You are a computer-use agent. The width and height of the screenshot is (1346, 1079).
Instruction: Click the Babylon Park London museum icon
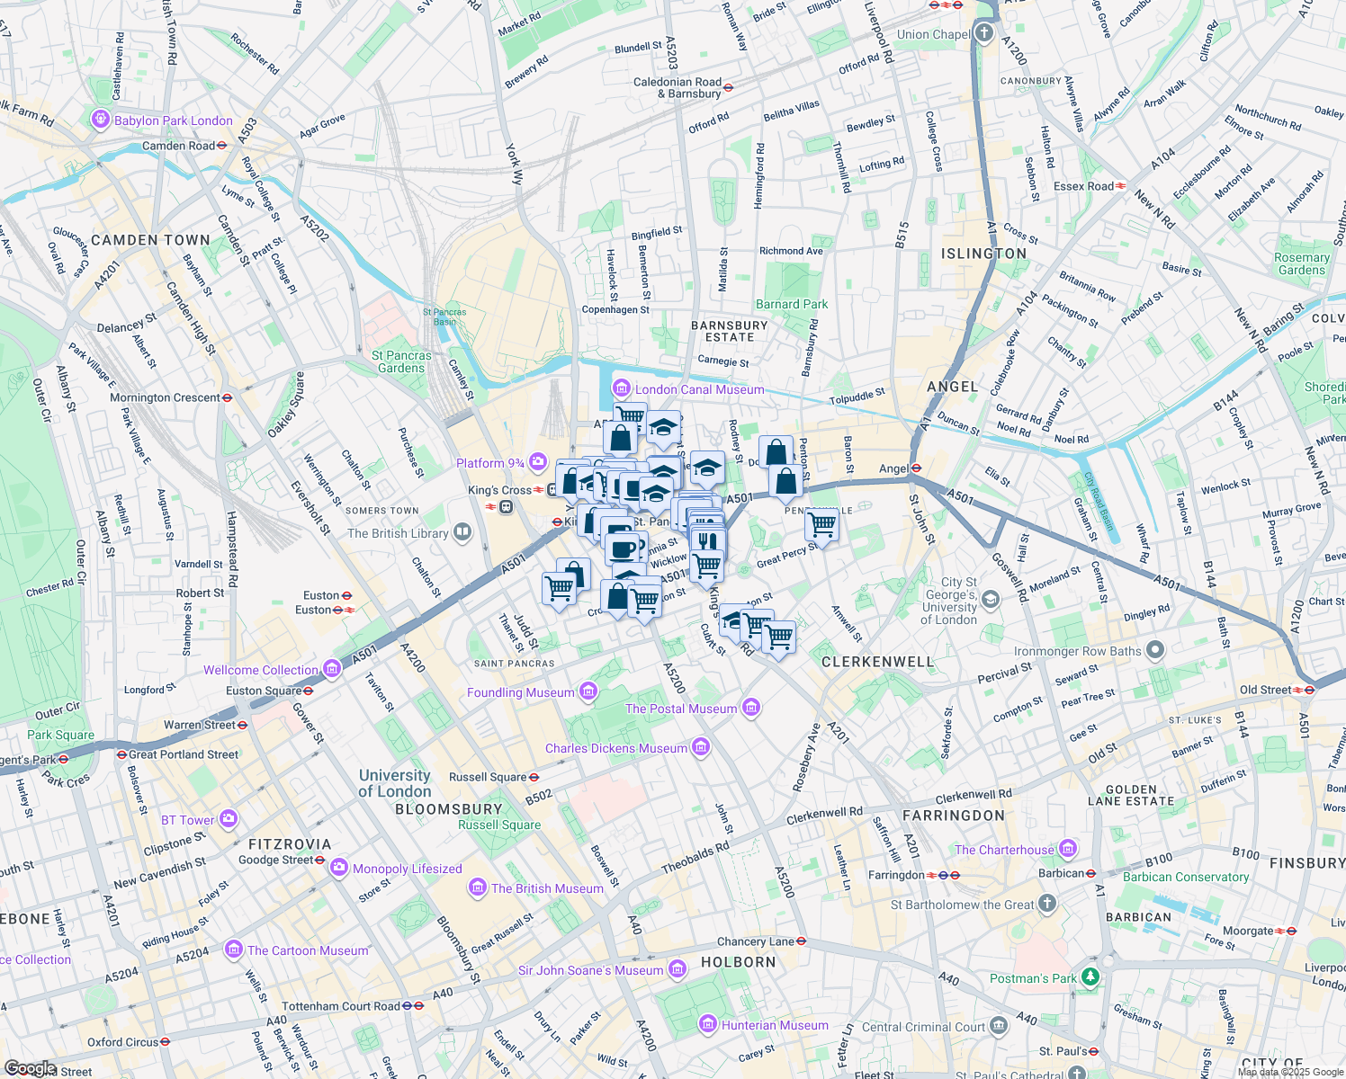pyautogui.click(x=100, y=120)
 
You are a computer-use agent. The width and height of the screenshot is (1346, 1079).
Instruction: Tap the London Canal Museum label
pyautogui.click(x=699, y=389)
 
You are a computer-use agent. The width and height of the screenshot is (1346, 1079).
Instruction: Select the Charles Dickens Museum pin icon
pyautogui.click(x=701, y=747)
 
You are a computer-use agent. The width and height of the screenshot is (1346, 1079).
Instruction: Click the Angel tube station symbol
pyautogui.click(x=916, y=468)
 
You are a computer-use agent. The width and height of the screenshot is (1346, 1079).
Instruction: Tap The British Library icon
pyautogui.click(x=462, y=532)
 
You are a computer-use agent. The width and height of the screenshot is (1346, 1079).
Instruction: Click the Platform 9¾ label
pyautogui.click(x=489, y=463)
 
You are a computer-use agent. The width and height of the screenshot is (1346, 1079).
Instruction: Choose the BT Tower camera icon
pyautogui.click(x=229, y=819)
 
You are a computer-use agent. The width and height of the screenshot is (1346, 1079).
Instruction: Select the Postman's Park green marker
pyautogui.click(x=1090, y=976)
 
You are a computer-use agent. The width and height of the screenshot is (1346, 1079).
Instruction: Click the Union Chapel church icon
pyautogui.click(x=984, y=34)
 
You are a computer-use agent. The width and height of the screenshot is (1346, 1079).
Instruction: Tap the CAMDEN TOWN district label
pyautogui.click(x=150, y=240)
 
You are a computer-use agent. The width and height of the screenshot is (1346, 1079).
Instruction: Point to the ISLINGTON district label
pyautogui.click(x=983, y=254)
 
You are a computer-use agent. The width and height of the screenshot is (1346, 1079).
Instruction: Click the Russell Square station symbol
pyautogui.click(x=534, y=777)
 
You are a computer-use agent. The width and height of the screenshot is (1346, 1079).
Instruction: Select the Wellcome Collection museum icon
pyautogui.click(x=332, y=669)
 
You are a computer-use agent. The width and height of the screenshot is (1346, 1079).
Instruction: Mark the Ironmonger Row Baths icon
pyautogui.click(x=1155, y=650)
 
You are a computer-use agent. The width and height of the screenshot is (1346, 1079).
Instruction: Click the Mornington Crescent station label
pyautogui.click(x=165, y=397)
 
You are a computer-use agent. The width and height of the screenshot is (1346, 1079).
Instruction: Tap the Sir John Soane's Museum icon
pyautogui.click(x=677, y=969)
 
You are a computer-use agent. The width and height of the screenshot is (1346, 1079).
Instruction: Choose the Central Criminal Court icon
pyautogui.click(x=999, y=1026)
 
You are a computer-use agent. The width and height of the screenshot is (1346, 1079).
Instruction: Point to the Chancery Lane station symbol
pyautogui.click(x=801, y=941)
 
